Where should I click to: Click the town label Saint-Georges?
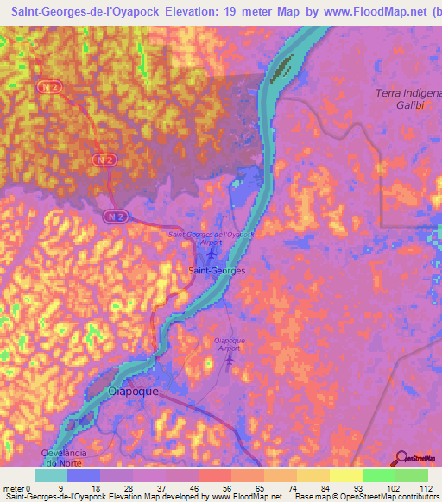click(x=217, y=270)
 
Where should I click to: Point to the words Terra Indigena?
click(x=407, y=93)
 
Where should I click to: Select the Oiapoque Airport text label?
click(x=229, y=344)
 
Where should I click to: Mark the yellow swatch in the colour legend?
click(x=345, y=475)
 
